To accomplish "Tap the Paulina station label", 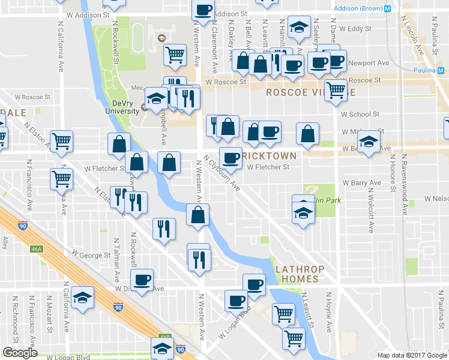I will (427, 70).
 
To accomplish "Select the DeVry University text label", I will (117, 106).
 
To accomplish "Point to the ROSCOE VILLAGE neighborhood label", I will (307, 93).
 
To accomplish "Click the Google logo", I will (20, 353).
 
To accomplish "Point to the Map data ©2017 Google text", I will (412, 355).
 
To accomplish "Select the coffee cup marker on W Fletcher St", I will (230, 158).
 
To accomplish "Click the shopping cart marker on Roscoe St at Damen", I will (336, 91).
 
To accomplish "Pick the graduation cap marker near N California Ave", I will (83, 297).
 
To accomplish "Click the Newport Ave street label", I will (373, 62).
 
